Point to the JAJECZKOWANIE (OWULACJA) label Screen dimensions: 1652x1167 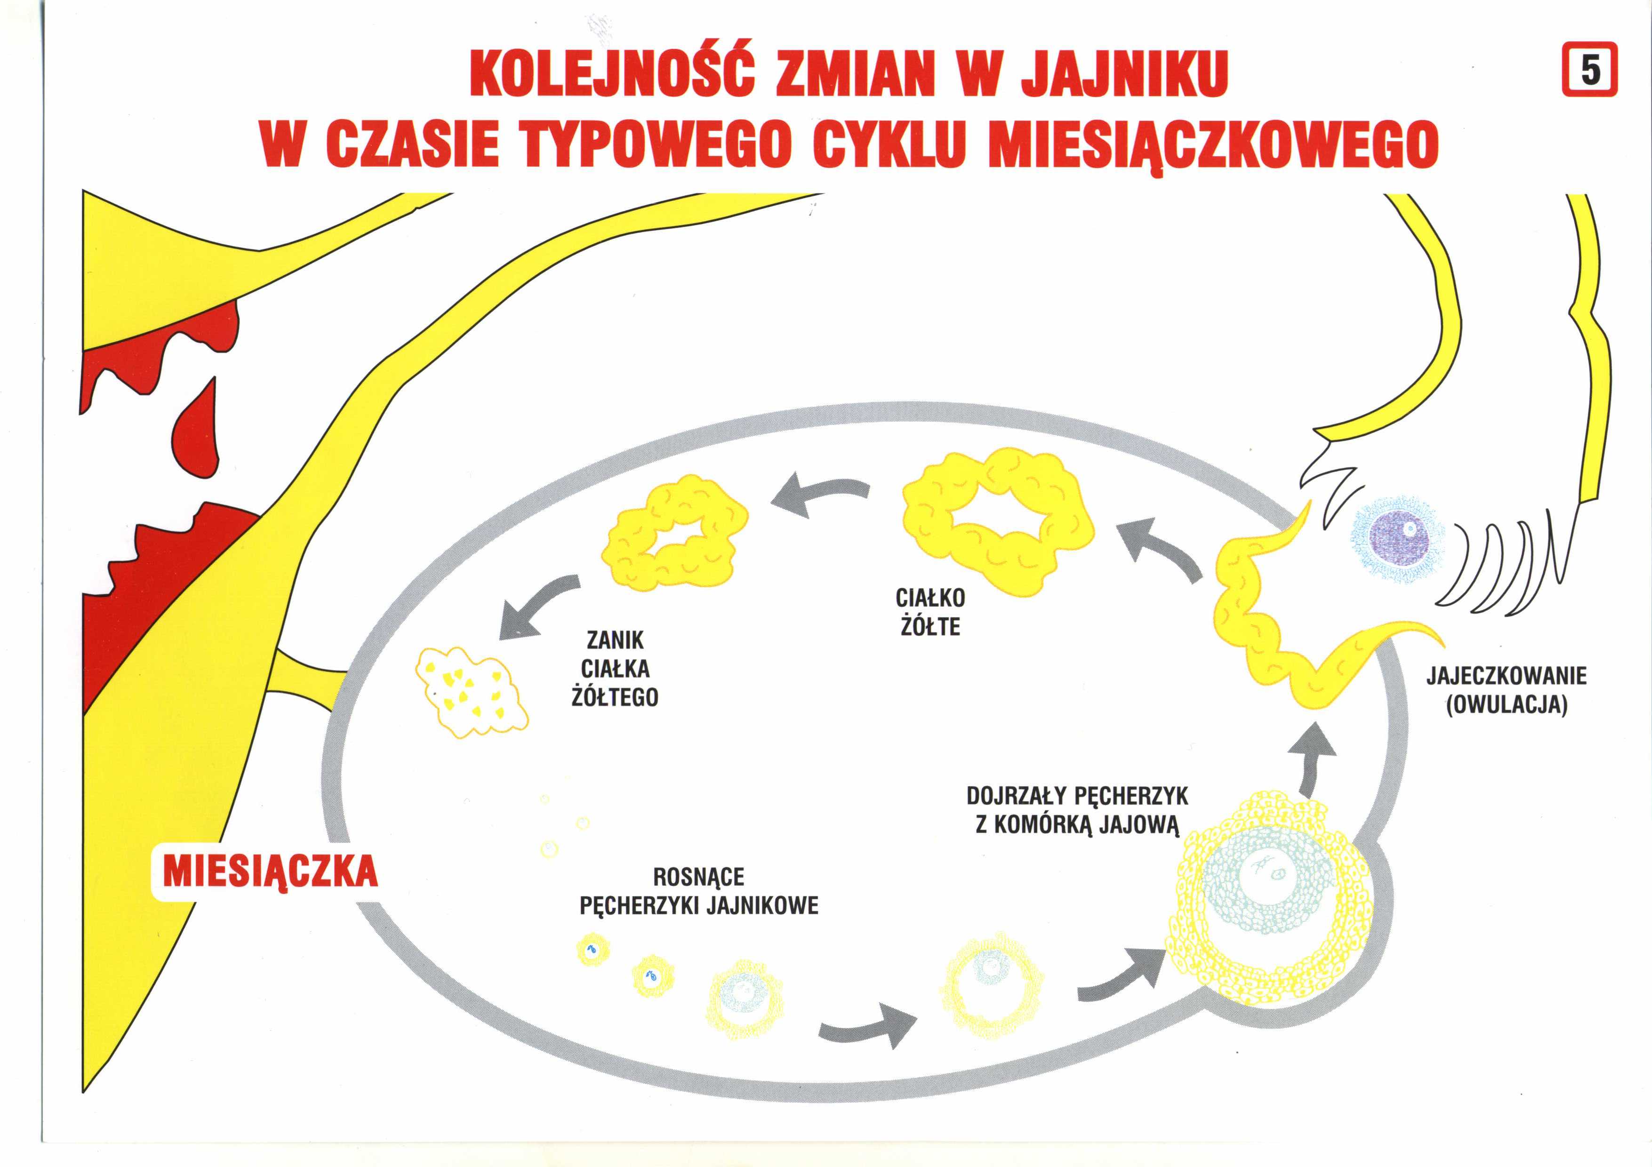[1507, 691]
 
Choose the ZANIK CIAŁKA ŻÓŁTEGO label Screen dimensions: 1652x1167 [615, 668]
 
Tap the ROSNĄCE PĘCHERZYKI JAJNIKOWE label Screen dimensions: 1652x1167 [698, 891]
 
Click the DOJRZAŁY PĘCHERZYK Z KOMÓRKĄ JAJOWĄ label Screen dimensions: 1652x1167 [1077, 810]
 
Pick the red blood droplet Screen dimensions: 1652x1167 [196, 424]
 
